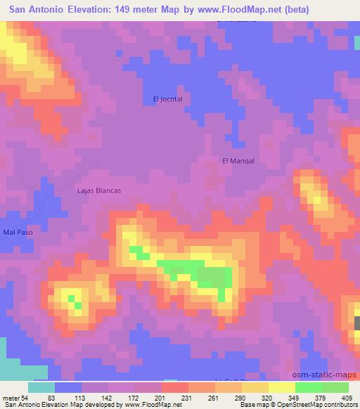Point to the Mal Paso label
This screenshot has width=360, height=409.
click(x=17, y=232)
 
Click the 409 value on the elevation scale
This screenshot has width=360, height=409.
click(x=347, y=397)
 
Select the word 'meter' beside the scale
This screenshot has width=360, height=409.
click(x=12, y=397)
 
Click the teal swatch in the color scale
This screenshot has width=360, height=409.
click(x=41, y=387)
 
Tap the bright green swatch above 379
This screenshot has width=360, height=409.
click(x=309, y=387)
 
